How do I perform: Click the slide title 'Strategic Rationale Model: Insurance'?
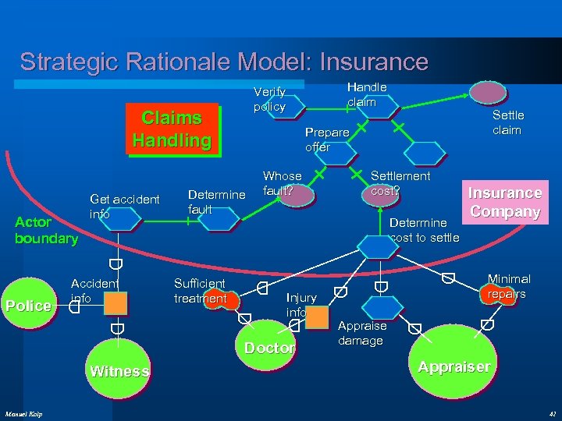pyautogui.click(x=224, y=62)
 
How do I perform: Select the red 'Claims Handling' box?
pyautogui.click(x=172, y=129)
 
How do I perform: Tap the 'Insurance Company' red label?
pyautogui.click(x=503, y=202)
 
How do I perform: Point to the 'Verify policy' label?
pyautogui.click(x=269, y=99)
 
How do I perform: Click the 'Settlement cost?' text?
pyautogui.click(x=399, y=182)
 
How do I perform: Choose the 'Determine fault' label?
pyautogui.click(x=217, y=201)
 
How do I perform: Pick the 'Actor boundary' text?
pyautogui.click(x=47, y=230)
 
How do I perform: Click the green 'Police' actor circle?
pyautogui.click(x=28, y=306)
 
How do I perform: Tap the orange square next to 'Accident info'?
pyautogui.click(x=116, y=303)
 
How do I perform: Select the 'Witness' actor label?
pyautogui.click(x=119, y=371)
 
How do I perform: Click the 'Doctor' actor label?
pyautogui.click(x=269, y=348)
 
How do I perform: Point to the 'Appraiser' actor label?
pyautogui.click(x=454, y=366)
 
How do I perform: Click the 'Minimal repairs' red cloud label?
pyautogui.click(x=507, y=286)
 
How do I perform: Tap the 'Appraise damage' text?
pyautogui.click(x=362, y=333)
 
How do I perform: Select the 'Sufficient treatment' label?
pyautogui.click(x=200, y=291)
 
